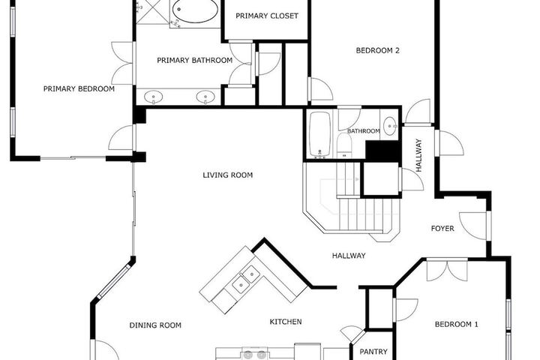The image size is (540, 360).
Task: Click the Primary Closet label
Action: tap(267, 16)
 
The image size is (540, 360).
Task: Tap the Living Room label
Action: tap(228, 175)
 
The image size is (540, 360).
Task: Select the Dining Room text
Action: tap(155, 325)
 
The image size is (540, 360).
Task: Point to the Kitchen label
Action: tap(286, 322)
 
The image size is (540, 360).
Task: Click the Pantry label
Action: tap(373, 352)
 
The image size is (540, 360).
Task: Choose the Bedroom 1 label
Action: tap(456, 324)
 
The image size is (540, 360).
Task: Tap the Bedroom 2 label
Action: tap(377, 51)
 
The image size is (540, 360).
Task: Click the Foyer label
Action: tap(442, 229)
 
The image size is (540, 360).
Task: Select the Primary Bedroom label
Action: tap(79, 89)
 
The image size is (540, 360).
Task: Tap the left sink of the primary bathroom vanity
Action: tap(153, 97)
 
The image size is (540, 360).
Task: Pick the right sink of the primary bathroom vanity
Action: tap(205, 97)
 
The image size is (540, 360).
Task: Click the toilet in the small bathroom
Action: tap(344, 145)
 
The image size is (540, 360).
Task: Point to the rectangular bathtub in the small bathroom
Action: tap(320, 133)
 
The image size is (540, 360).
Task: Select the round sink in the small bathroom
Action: tap(390, 127)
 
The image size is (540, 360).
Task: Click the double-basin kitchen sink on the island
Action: tap(245, 280)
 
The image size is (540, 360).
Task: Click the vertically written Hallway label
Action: tap(418, 155)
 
